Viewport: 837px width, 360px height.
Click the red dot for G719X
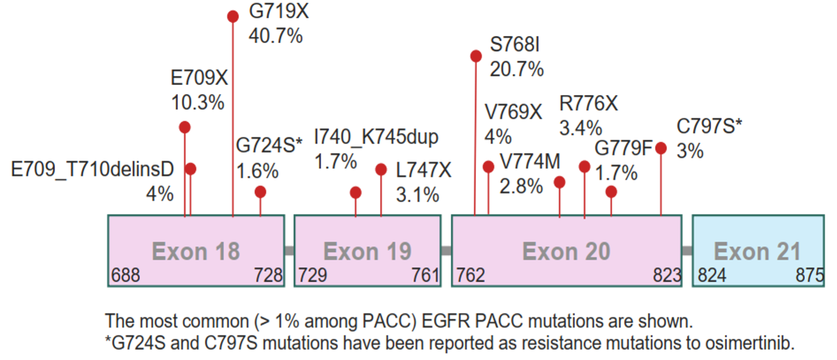coord(233,16)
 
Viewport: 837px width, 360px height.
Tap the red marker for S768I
coord(476,56)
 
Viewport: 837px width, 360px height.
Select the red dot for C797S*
coord(661,148)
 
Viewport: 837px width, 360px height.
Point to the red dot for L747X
coord(381,169)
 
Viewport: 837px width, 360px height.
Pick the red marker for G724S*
coord(260,192)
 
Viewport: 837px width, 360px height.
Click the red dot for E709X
coord(184,127)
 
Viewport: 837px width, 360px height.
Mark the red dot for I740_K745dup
coord(356,192)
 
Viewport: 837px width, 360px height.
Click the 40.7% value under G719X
coord(275,36)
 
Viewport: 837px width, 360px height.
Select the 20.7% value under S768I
coord(516,69)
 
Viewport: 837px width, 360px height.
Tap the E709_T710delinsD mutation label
coord(92,169)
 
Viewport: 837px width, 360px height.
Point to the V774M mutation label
coord(530,162)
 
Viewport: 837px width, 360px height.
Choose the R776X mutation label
coord(588,103)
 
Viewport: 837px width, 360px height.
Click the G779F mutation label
coord(623,148)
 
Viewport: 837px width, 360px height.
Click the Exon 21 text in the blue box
coord(757,251)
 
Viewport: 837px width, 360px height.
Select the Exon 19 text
coord(367,251)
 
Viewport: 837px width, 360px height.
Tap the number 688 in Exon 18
coord(125,275)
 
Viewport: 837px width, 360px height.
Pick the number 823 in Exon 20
coord(667,275)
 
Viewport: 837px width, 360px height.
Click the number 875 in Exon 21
coord(809,275)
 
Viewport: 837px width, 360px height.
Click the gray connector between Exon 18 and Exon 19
coord(289,250)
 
